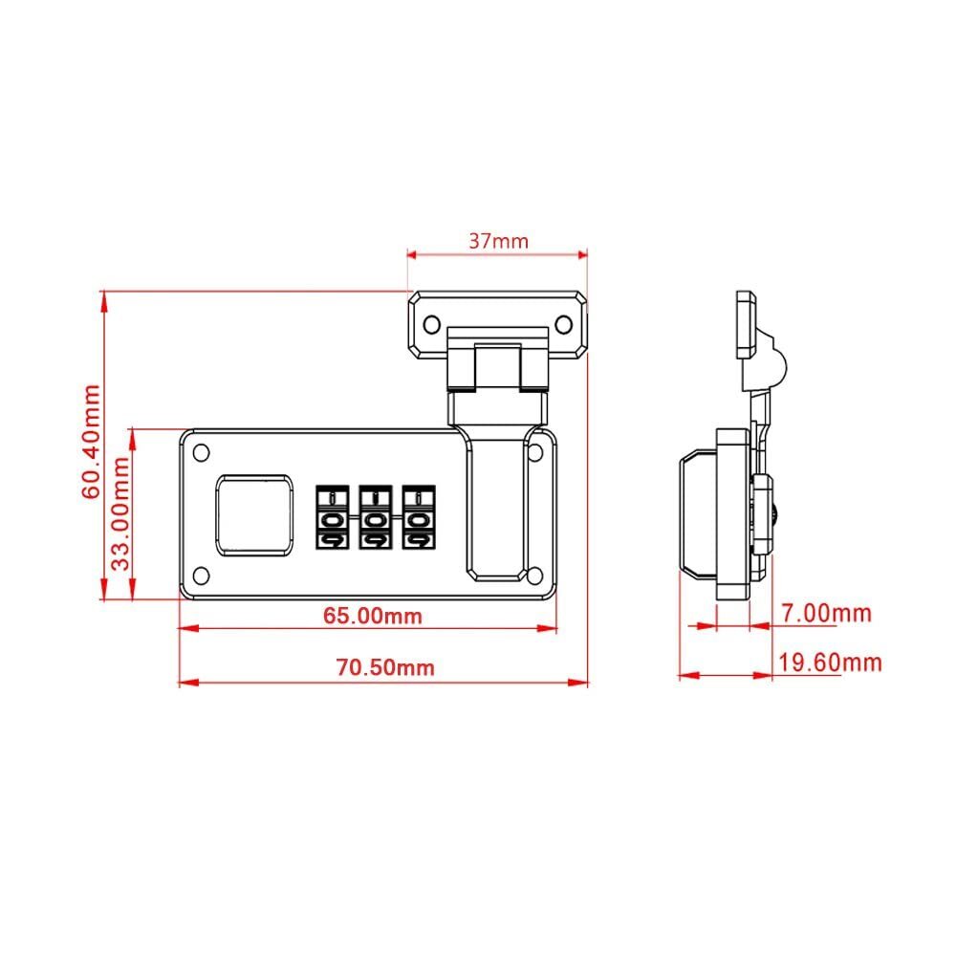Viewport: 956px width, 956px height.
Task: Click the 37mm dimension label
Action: tap(497, 241)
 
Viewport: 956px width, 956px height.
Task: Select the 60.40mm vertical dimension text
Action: tap(91, 442)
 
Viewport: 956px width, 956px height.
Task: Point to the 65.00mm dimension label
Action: tap(372, 616)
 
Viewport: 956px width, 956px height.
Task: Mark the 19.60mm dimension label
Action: tap(830, 663)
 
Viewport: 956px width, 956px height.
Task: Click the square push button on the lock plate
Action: tap(253, 515)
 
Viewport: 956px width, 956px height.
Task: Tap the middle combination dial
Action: tap(374, 519)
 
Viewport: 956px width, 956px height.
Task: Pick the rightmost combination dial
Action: tap(416, 519)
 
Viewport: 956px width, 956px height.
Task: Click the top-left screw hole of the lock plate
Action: tap(202, 452)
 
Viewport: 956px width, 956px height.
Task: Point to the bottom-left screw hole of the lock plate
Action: tap(202, 575)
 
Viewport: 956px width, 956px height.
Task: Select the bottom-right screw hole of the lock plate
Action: tap(534, 575)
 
